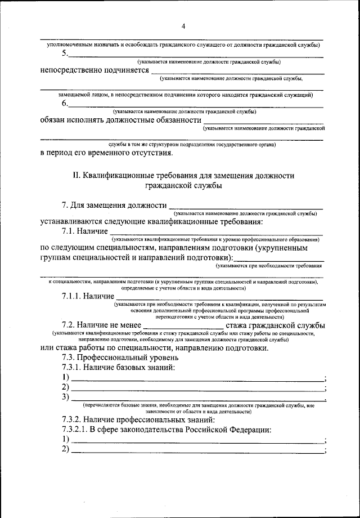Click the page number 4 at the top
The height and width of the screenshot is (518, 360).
(183, 25)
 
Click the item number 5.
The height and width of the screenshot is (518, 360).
(65, 53)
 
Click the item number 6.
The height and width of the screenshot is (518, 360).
(65, 104)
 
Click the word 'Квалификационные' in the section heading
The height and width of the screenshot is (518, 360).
(118, 176)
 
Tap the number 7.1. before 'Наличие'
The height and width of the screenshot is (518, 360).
(69, 231)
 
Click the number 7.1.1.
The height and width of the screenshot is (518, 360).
(72, 296)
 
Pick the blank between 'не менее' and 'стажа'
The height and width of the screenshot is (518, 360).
(184, 326)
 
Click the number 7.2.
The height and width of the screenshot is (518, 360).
(69, 325)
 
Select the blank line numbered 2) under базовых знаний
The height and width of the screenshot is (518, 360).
(197, 388)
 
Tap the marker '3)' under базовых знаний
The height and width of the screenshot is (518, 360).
(65, 398)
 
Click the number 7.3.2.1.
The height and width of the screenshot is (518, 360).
(76, 430)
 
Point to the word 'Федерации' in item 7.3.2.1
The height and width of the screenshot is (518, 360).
(246, 430)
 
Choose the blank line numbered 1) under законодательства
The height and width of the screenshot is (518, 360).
(197, 441)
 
